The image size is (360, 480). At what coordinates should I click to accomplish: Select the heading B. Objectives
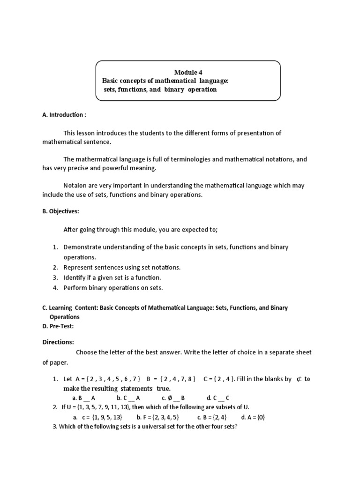[60, 211]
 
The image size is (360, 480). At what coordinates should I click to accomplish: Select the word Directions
[58, 342]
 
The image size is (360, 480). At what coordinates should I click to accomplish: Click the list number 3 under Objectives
[55, 277]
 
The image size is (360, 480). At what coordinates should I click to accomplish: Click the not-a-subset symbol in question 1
[298, 379]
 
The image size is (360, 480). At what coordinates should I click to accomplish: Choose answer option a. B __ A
[81, 398]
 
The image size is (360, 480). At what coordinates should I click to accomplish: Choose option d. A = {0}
[253, 417]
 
